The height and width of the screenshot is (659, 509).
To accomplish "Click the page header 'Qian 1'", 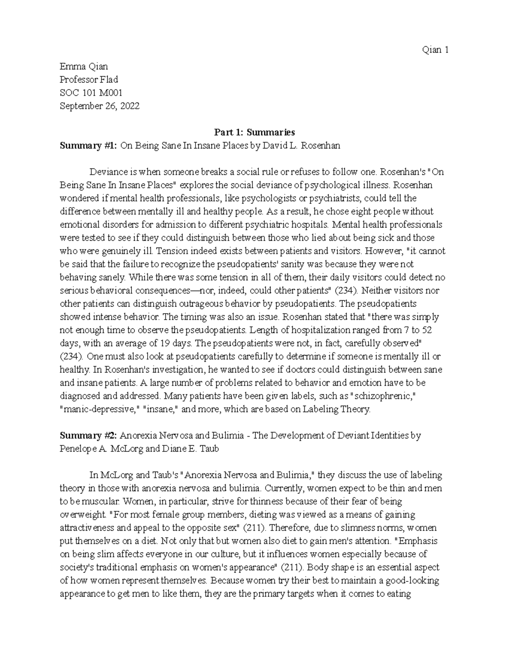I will pyautogui.click(x=435, y=50).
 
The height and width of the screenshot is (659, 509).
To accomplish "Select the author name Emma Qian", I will pyautogui.click(x=84, y=67).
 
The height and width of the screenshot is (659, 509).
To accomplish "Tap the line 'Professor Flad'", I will pyautogui.click(x=89, y=80).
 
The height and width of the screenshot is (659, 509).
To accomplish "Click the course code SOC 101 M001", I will pyautogui.click(x=91, y=93).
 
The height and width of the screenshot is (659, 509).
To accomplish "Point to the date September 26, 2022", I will pyautogui.click(x=99, y=106).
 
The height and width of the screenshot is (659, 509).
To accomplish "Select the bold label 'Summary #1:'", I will pyautogui.click(x=89, y=146).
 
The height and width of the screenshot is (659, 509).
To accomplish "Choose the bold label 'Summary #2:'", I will pyautogui.click(x=89, y=435).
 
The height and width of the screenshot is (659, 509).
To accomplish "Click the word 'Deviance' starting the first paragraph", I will pyautogui.click(x=108, y=172).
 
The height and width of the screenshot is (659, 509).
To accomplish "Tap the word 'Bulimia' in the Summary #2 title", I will pyautogui.click(x=229, y=435).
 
